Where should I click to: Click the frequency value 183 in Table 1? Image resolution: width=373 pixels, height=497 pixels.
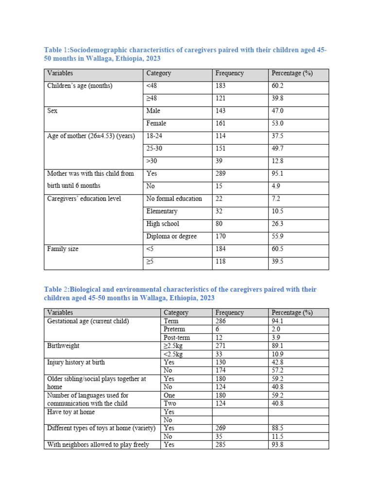[221, 86]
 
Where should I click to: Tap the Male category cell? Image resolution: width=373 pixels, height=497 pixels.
[153, 111]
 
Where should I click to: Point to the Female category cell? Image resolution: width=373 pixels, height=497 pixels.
[156, 124]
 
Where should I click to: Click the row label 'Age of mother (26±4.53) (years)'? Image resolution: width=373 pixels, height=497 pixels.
[91, 136]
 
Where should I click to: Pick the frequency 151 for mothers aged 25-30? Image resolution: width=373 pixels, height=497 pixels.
[221, 149]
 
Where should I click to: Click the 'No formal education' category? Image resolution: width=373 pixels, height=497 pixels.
[174, 199]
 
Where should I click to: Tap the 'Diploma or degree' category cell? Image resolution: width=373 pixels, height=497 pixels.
[171, 236]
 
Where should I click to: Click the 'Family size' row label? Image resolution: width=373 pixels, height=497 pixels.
[63, 249]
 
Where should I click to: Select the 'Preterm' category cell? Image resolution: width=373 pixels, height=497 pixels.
[174, 329]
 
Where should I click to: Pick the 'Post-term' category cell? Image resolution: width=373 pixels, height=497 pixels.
[177, 337]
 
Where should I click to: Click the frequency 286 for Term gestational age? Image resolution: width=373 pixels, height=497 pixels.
[221, 321]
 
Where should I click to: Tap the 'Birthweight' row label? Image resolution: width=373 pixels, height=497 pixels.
[63, 346]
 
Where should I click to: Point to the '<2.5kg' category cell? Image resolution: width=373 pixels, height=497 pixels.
[174, 354]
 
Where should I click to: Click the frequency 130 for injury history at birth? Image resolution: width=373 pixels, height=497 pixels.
[221, 363]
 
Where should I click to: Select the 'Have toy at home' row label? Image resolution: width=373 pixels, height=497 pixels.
[71, 412]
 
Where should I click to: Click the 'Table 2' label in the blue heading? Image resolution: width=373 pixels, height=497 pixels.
[57, 289]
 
